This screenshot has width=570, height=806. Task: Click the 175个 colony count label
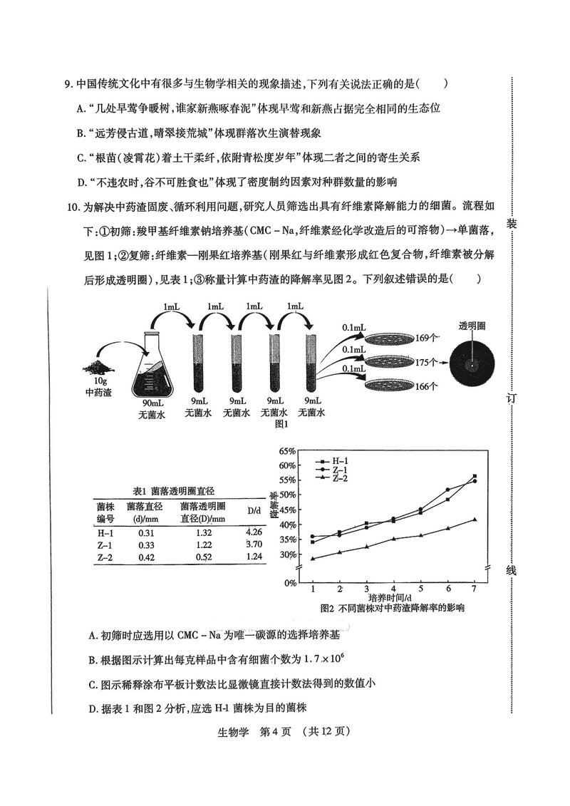coord(425,362)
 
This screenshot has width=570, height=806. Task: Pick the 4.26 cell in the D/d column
coord(253,532)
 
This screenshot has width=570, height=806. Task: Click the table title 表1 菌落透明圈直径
coord(175,492)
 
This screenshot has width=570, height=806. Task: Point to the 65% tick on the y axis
coord(286,451)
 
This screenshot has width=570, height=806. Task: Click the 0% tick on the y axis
coord(289,583)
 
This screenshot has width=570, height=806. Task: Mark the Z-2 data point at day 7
coord(475,520)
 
